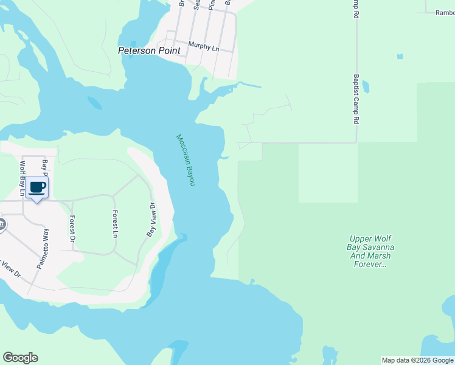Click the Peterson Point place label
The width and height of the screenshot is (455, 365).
click(x=149, y=51)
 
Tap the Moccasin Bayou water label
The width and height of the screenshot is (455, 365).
click(x=185, y=160)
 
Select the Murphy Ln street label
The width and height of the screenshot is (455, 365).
click(x=203, y=46)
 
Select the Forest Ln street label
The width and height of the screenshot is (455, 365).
click(x=114, y=223)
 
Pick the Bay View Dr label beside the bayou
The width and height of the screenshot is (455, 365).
click(x=151, y=220)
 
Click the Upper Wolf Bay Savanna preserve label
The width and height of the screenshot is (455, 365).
click(x=372, y=251)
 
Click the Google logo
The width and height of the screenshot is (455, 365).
click(x=20, y=358)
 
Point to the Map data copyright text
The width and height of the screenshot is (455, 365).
click(x=417, y=360)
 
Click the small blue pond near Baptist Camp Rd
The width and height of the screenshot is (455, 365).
click(x=400, y=57)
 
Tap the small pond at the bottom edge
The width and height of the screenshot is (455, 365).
click(x=329, y=354)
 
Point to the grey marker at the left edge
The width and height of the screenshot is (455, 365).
click(x=2, y=225)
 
